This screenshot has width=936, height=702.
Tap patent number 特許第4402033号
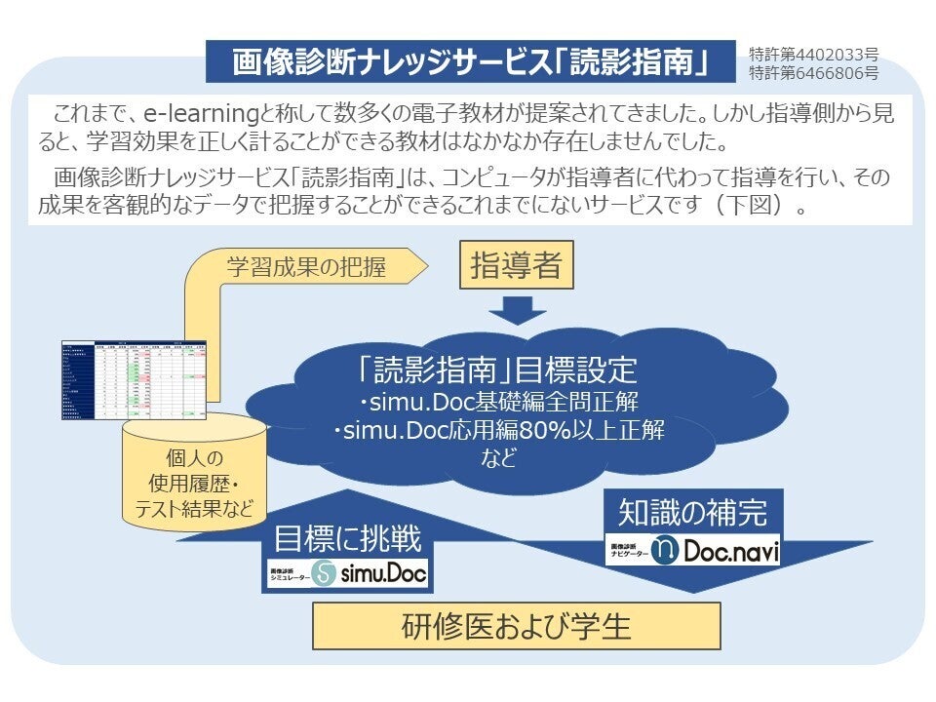click(813, 54)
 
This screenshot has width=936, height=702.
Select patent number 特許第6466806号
click(813, 72)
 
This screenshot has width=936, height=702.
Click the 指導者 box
click(516, 266)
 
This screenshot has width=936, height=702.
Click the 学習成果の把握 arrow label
click(306, 267)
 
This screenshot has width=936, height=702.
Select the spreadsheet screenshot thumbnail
click(135, 380)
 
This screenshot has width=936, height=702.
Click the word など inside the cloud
click(498, 458)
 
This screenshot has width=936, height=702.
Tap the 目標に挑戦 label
click(348, 538)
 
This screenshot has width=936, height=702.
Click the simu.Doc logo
click(349, 573)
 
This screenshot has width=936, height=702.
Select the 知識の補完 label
click(692, 512)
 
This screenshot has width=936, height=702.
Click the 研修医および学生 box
click(516, 626)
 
